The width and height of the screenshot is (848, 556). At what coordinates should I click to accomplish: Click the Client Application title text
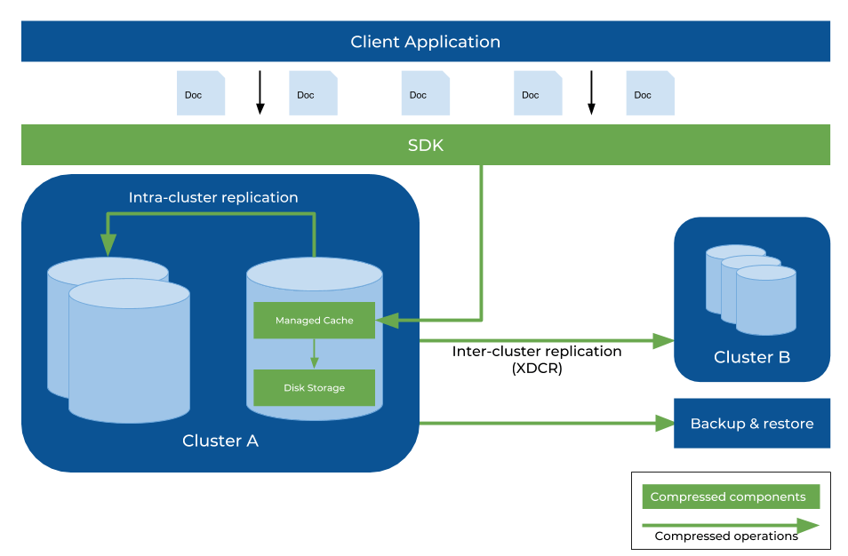coord(425,42)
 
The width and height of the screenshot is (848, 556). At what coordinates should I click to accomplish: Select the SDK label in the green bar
coord(425,145)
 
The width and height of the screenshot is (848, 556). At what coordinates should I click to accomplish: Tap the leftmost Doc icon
coord(201,93)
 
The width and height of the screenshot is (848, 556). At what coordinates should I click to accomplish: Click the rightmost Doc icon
coord(651,93)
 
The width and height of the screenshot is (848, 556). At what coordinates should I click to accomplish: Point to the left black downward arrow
coord(260,92)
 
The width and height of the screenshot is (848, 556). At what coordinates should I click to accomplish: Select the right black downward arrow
coord(591,92)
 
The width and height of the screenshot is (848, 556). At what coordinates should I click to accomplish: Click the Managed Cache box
coord(314,321)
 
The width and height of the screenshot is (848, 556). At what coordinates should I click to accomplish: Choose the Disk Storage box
coord(314,388)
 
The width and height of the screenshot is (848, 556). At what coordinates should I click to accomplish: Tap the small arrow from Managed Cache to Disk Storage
coord(314,353)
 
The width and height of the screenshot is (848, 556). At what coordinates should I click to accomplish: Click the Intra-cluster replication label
coord(213,197)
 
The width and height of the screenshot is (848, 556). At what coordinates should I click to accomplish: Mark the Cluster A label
coord(220,441)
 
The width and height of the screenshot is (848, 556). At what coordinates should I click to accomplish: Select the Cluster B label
coord(752,357)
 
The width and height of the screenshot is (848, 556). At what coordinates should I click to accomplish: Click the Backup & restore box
coord(752,424)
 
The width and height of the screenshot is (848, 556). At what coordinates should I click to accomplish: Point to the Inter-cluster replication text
coord(537,351)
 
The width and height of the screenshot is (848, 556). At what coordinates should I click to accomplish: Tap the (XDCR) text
coord(537,369)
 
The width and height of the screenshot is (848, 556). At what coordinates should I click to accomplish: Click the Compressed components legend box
coord(729,497)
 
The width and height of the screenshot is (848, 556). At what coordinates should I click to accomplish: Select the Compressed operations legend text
coord(726,536)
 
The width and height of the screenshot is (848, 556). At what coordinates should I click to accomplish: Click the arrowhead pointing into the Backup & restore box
coord(665,424)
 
